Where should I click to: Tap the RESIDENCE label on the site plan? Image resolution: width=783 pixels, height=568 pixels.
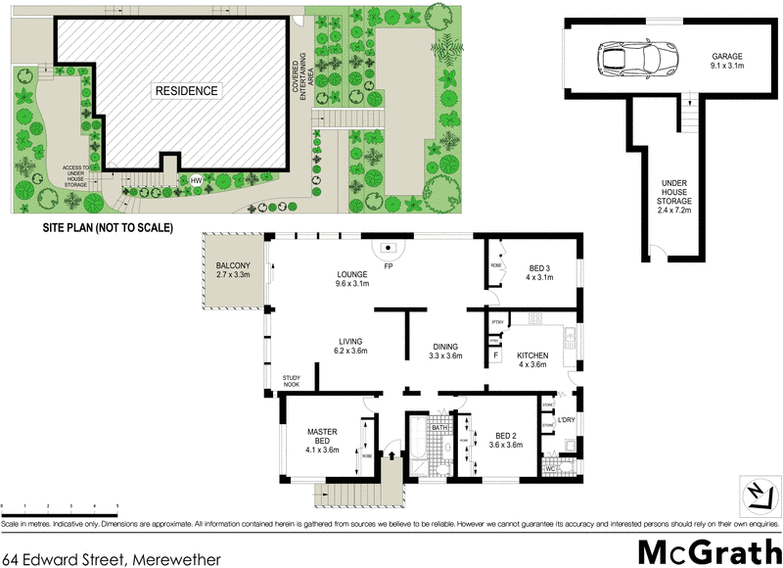(x=186, y=91)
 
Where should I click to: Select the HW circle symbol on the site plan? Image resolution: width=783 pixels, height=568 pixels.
(x=196, y=181)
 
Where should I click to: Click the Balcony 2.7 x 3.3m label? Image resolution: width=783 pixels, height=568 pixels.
(x=233, y=271)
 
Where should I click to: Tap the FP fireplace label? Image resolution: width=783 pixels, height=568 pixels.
(x=389, y=266)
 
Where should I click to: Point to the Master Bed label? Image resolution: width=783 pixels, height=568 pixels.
(x=322, y=440)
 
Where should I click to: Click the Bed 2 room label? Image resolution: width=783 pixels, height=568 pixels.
(x=505, y=440)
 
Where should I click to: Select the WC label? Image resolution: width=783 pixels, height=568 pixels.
(x=551, y=469)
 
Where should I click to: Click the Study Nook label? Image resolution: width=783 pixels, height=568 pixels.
(x=292, y=381)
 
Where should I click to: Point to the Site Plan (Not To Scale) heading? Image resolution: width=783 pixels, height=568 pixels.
(x=107, y=227)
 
